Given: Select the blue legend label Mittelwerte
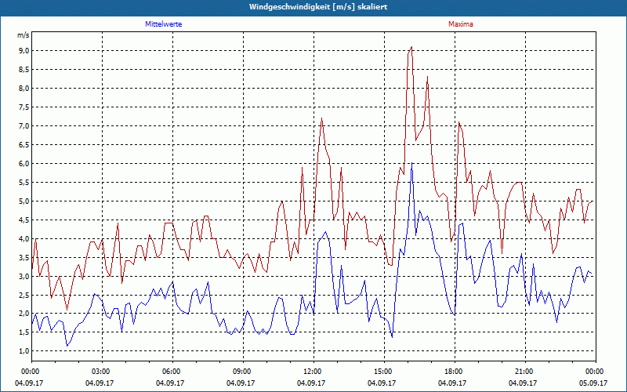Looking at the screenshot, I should tap(163, 24).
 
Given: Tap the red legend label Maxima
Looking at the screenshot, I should tap(461, 24).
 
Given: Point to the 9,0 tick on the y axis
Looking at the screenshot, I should tap(24, 50).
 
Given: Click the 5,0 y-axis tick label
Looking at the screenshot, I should tap(24, 201).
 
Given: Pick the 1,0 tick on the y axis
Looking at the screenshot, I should tap(24, 351).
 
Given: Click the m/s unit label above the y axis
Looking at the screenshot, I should tap(23, 35).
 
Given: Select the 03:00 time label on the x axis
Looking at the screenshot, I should tap(101, 371).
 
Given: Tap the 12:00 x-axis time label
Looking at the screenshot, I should tap(313, 371).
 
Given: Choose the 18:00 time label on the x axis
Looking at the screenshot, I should tap(454, 371).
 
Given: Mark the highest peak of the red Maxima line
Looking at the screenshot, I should tap(411, 47).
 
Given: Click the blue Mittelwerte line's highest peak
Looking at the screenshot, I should tap(412, 163).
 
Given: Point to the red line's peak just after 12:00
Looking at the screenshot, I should tap(322, 118).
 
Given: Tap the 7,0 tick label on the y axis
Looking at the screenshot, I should tap(24, 125).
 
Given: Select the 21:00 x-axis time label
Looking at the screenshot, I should tap(524, 371).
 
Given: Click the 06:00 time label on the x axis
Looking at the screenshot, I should tap(172, 371).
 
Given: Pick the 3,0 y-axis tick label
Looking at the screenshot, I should tap(24, 276).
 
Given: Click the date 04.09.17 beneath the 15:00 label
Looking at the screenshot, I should tap(383, 383).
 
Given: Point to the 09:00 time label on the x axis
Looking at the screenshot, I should tap(242, 371).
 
